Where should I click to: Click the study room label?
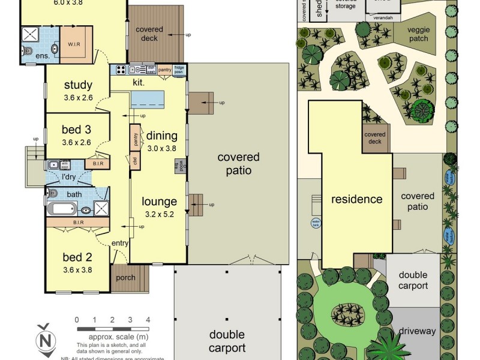point(77,85)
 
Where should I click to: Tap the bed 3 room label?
point(77,130)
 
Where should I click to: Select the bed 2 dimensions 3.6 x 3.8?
point(77,271)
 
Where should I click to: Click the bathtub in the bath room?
point(63,209)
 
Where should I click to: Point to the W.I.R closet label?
point(74,44)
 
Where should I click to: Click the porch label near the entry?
point(125,278)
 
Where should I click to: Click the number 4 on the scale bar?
point(148,320)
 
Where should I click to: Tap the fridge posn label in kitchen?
point(179,69)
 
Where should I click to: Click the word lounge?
point(159,202)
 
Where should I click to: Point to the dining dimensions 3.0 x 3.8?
point(162,148)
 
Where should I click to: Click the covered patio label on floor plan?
point(238,164)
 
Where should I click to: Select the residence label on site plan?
point(357,199)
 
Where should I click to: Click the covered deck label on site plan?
point(375,138)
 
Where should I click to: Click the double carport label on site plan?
point(413,281)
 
